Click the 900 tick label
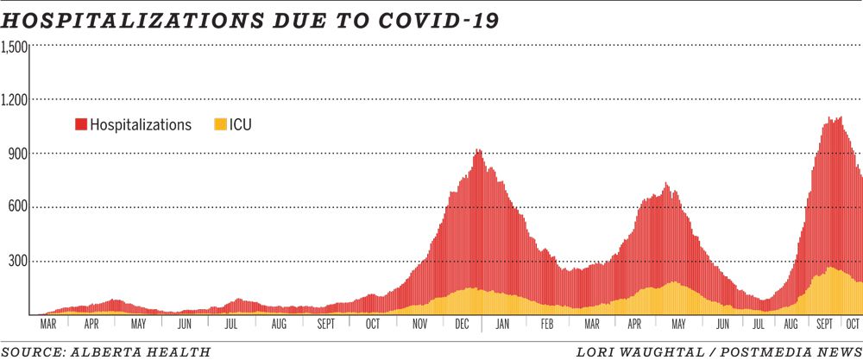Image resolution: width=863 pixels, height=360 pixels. pos(18,154)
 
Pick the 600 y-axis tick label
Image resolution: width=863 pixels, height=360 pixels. pos(18,207)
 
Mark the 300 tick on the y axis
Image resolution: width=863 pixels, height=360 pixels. pos(18,261)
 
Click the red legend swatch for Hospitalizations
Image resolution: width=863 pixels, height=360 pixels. pos(81,125)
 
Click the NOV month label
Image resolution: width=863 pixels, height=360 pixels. pos(419,325)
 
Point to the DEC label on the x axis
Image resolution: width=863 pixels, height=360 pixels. pos(461,325)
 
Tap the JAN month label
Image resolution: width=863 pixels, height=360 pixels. pos(502,325)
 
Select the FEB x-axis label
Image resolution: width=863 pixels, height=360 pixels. pos(546,325)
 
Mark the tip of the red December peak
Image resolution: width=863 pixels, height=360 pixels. pos(478,151)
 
